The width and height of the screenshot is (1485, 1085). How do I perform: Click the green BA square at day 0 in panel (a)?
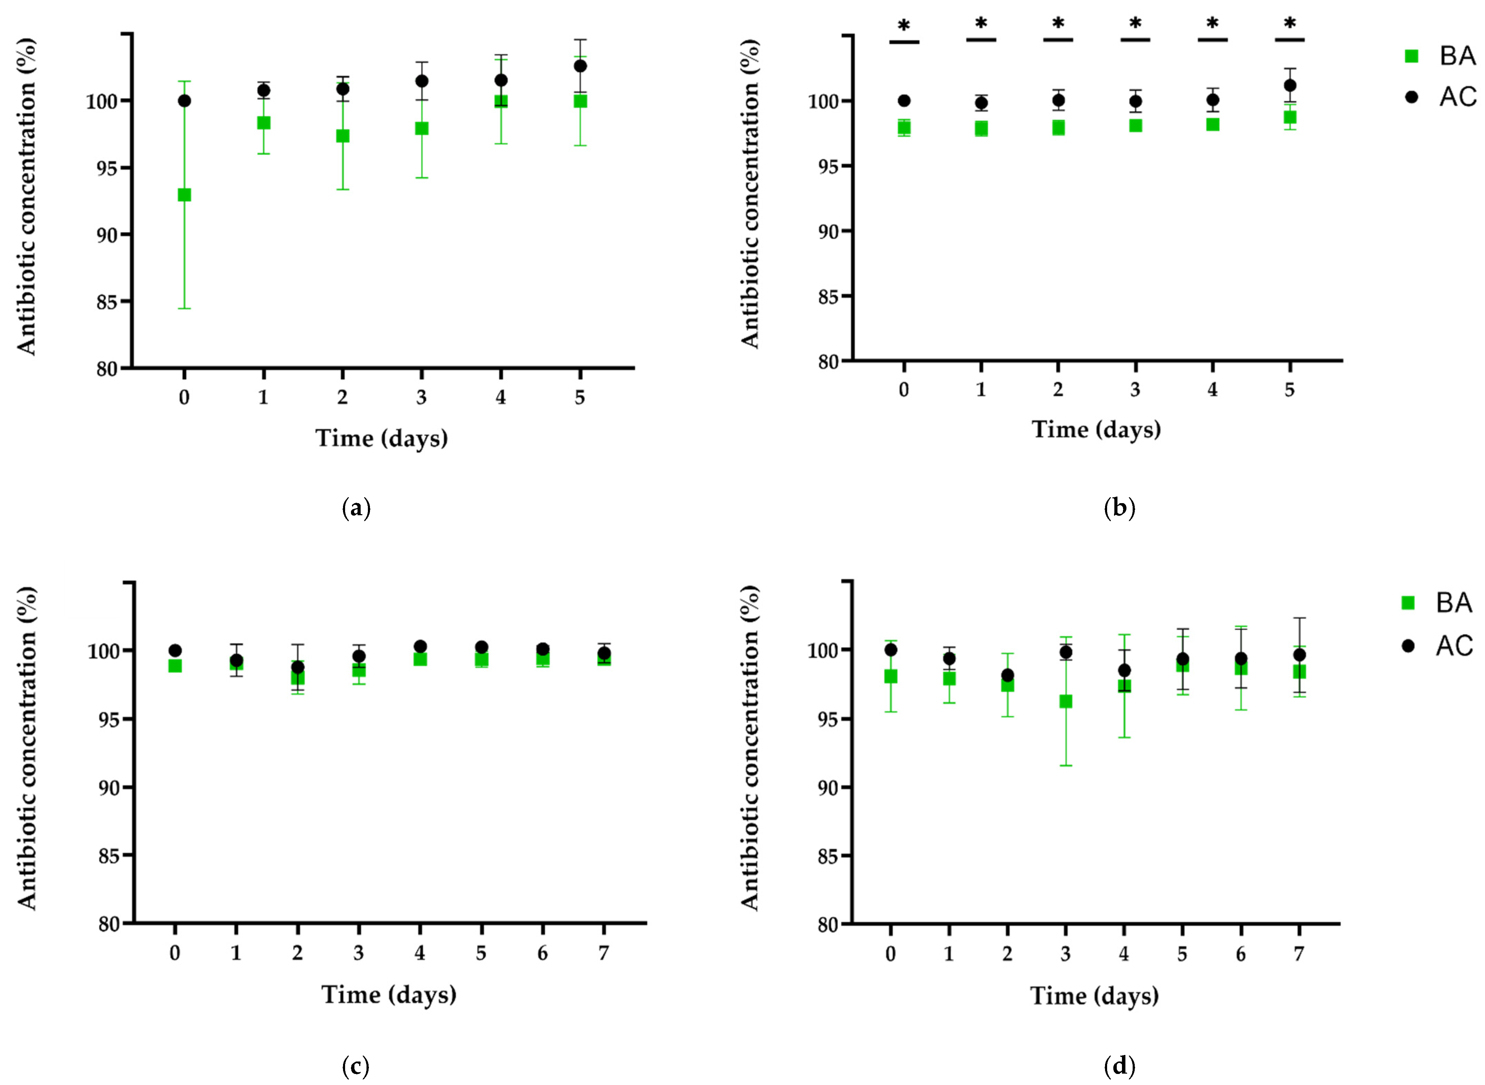click(184, 195)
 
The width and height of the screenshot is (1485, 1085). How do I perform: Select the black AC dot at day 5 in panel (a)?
click(580, 66)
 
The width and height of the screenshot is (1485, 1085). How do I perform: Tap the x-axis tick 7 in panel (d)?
click(1298, 954)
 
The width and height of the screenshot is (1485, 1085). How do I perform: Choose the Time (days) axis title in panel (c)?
click(389, 995)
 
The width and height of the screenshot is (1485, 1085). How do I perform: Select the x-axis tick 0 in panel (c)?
click(175, 953)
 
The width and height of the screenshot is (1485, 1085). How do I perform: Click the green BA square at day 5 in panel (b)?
click(1290, 117)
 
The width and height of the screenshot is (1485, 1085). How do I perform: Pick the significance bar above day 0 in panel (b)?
click(904, 42)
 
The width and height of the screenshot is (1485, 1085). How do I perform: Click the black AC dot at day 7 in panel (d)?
click(1298, 655)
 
